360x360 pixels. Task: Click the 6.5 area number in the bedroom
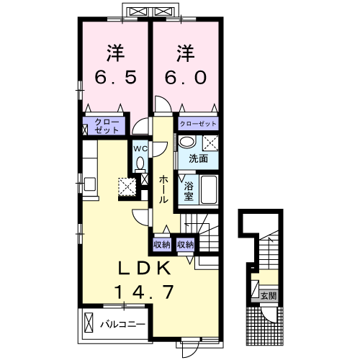[x=116, y=77]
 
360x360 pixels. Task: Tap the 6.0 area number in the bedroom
[x=186, y=77]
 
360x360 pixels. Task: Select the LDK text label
[x=145, y=268]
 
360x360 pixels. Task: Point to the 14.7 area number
[x=144, y=292]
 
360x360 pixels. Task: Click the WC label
[x=140, y=149]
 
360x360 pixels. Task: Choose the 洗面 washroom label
[x=198, y=158]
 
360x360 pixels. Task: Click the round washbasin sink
[x=187, y=142]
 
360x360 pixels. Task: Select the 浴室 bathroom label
[x=189, y=192]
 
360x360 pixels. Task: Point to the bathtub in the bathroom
[x=209, y=189]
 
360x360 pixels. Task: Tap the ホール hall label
[x=163, y=189]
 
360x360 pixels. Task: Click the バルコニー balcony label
[x=123, y=325]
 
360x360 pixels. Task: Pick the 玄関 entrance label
[x=269, y=296]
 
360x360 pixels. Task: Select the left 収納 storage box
[x=162, y=245]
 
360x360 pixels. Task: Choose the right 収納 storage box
[x=186, y=245]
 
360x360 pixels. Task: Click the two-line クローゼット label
[x=107, y=126]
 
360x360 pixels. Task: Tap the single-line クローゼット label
[x=198, y=124]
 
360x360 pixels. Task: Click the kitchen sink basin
[x=90, y=184]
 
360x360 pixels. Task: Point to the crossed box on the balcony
[x=89, y=323]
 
